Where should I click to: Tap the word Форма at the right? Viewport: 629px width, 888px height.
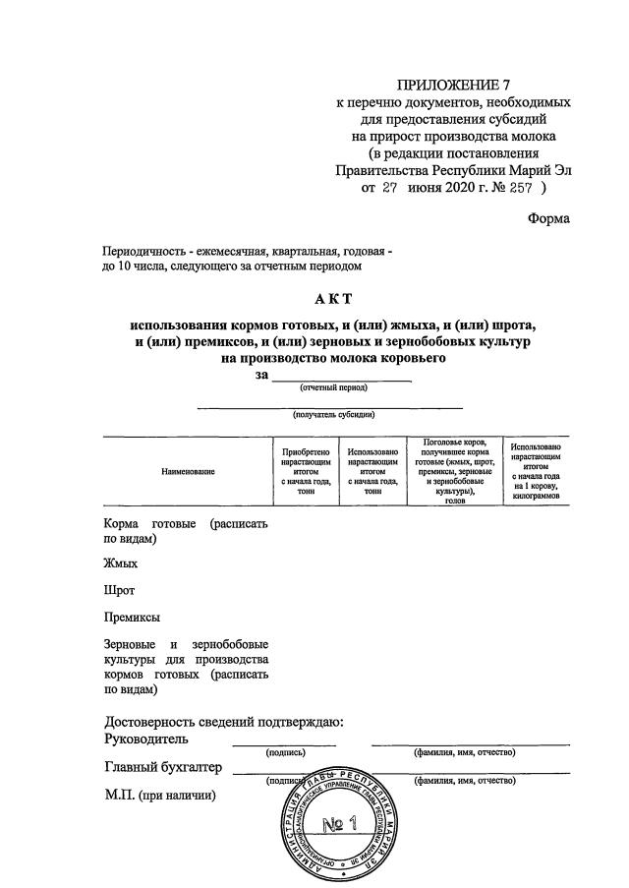[548, 219]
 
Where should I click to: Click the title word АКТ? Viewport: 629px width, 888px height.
[334, 300]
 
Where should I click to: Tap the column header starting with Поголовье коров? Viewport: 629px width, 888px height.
[453, 471]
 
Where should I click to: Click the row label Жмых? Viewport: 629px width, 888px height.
[121, 564]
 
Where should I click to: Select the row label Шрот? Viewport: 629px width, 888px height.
[119, 591]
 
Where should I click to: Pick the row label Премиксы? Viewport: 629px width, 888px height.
[132, 618]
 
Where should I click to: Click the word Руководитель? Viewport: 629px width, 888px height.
[146, 739]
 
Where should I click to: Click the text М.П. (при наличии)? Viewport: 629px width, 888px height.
[159, 796]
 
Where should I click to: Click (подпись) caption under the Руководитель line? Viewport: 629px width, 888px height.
[286, 752]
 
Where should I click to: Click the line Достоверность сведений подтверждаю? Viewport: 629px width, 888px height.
[223, 722]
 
